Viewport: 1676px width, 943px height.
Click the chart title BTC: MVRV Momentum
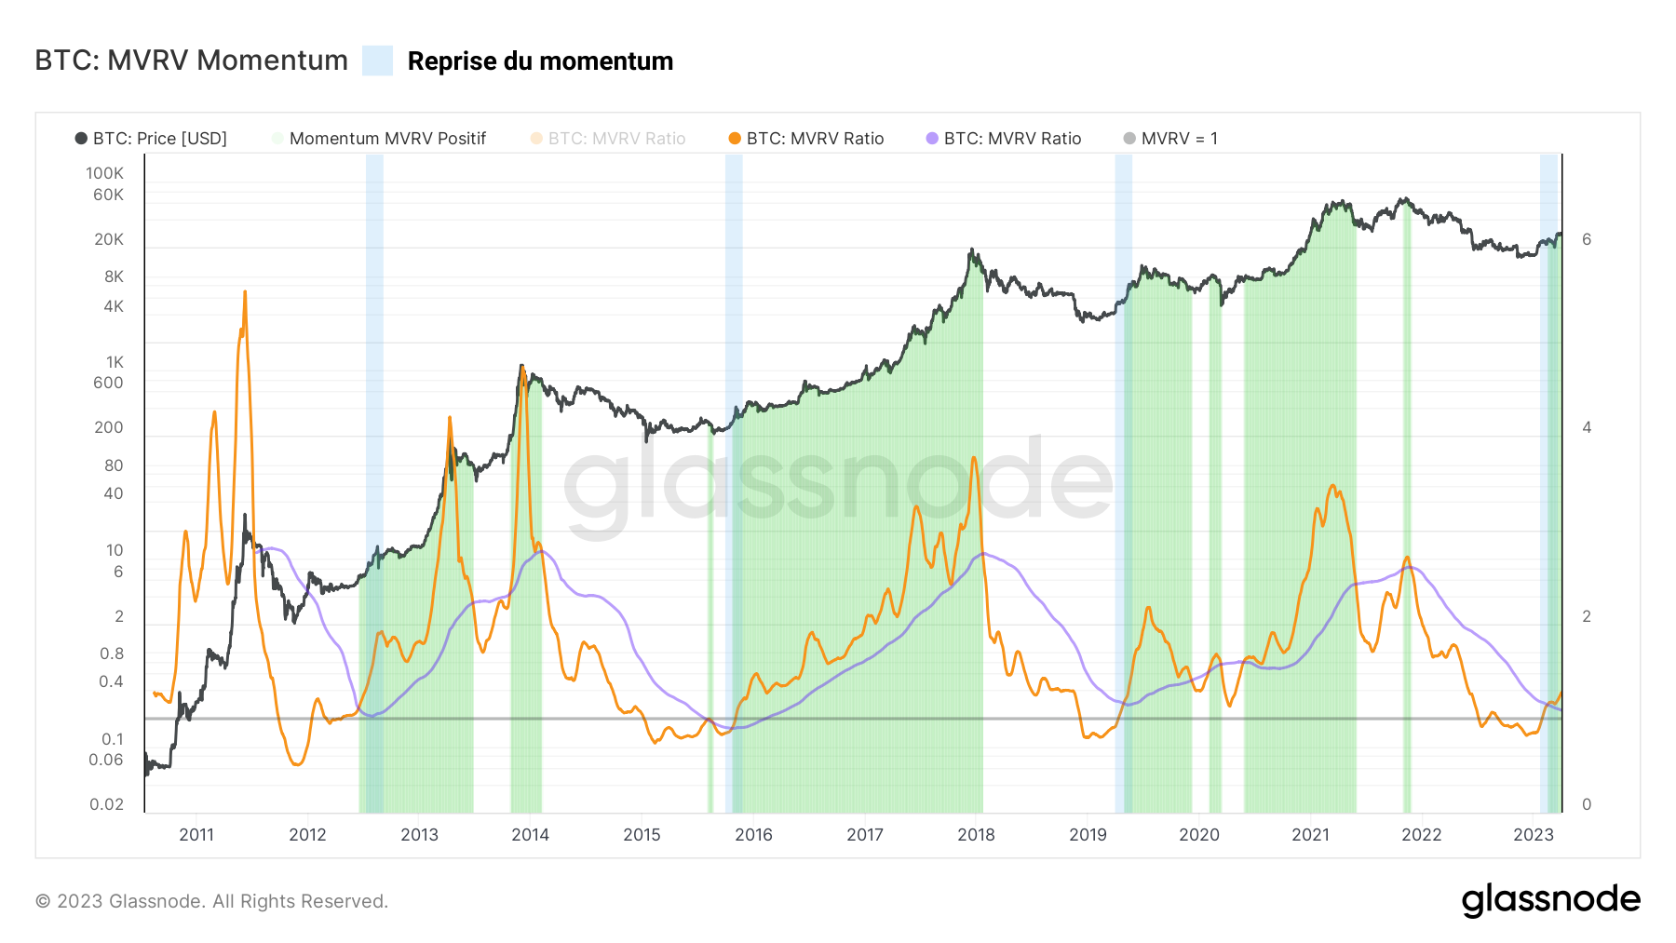pos(191,61)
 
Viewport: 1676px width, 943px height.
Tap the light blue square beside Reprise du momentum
pos(377,61)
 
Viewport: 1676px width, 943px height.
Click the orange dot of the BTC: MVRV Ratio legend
pos(735,139)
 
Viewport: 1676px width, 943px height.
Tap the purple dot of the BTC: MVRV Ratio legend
pos(932,139)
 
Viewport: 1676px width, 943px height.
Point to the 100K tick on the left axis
pos(104,173)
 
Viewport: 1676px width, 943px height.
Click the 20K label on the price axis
pos(108,239)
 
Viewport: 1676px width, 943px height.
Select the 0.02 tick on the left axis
pos(106,804)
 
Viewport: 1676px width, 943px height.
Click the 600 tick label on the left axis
pos(108,383)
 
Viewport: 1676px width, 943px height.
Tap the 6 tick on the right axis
pos(1587,239)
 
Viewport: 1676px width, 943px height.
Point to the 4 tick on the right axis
pos(1587,427)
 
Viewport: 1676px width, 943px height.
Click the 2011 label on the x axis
pos(196,835)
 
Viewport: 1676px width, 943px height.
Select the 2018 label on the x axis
pos(976,835)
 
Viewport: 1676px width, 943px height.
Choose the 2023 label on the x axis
pos(1533,835)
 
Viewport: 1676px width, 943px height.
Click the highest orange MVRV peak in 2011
pos(245,292)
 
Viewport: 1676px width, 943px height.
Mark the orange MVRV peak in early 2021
pos(1332,486)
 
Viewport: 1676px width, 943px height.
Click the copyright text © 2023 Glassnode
pos(211,901)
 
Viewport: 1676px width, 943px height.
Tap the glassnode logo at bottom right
pos(1550,900)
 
